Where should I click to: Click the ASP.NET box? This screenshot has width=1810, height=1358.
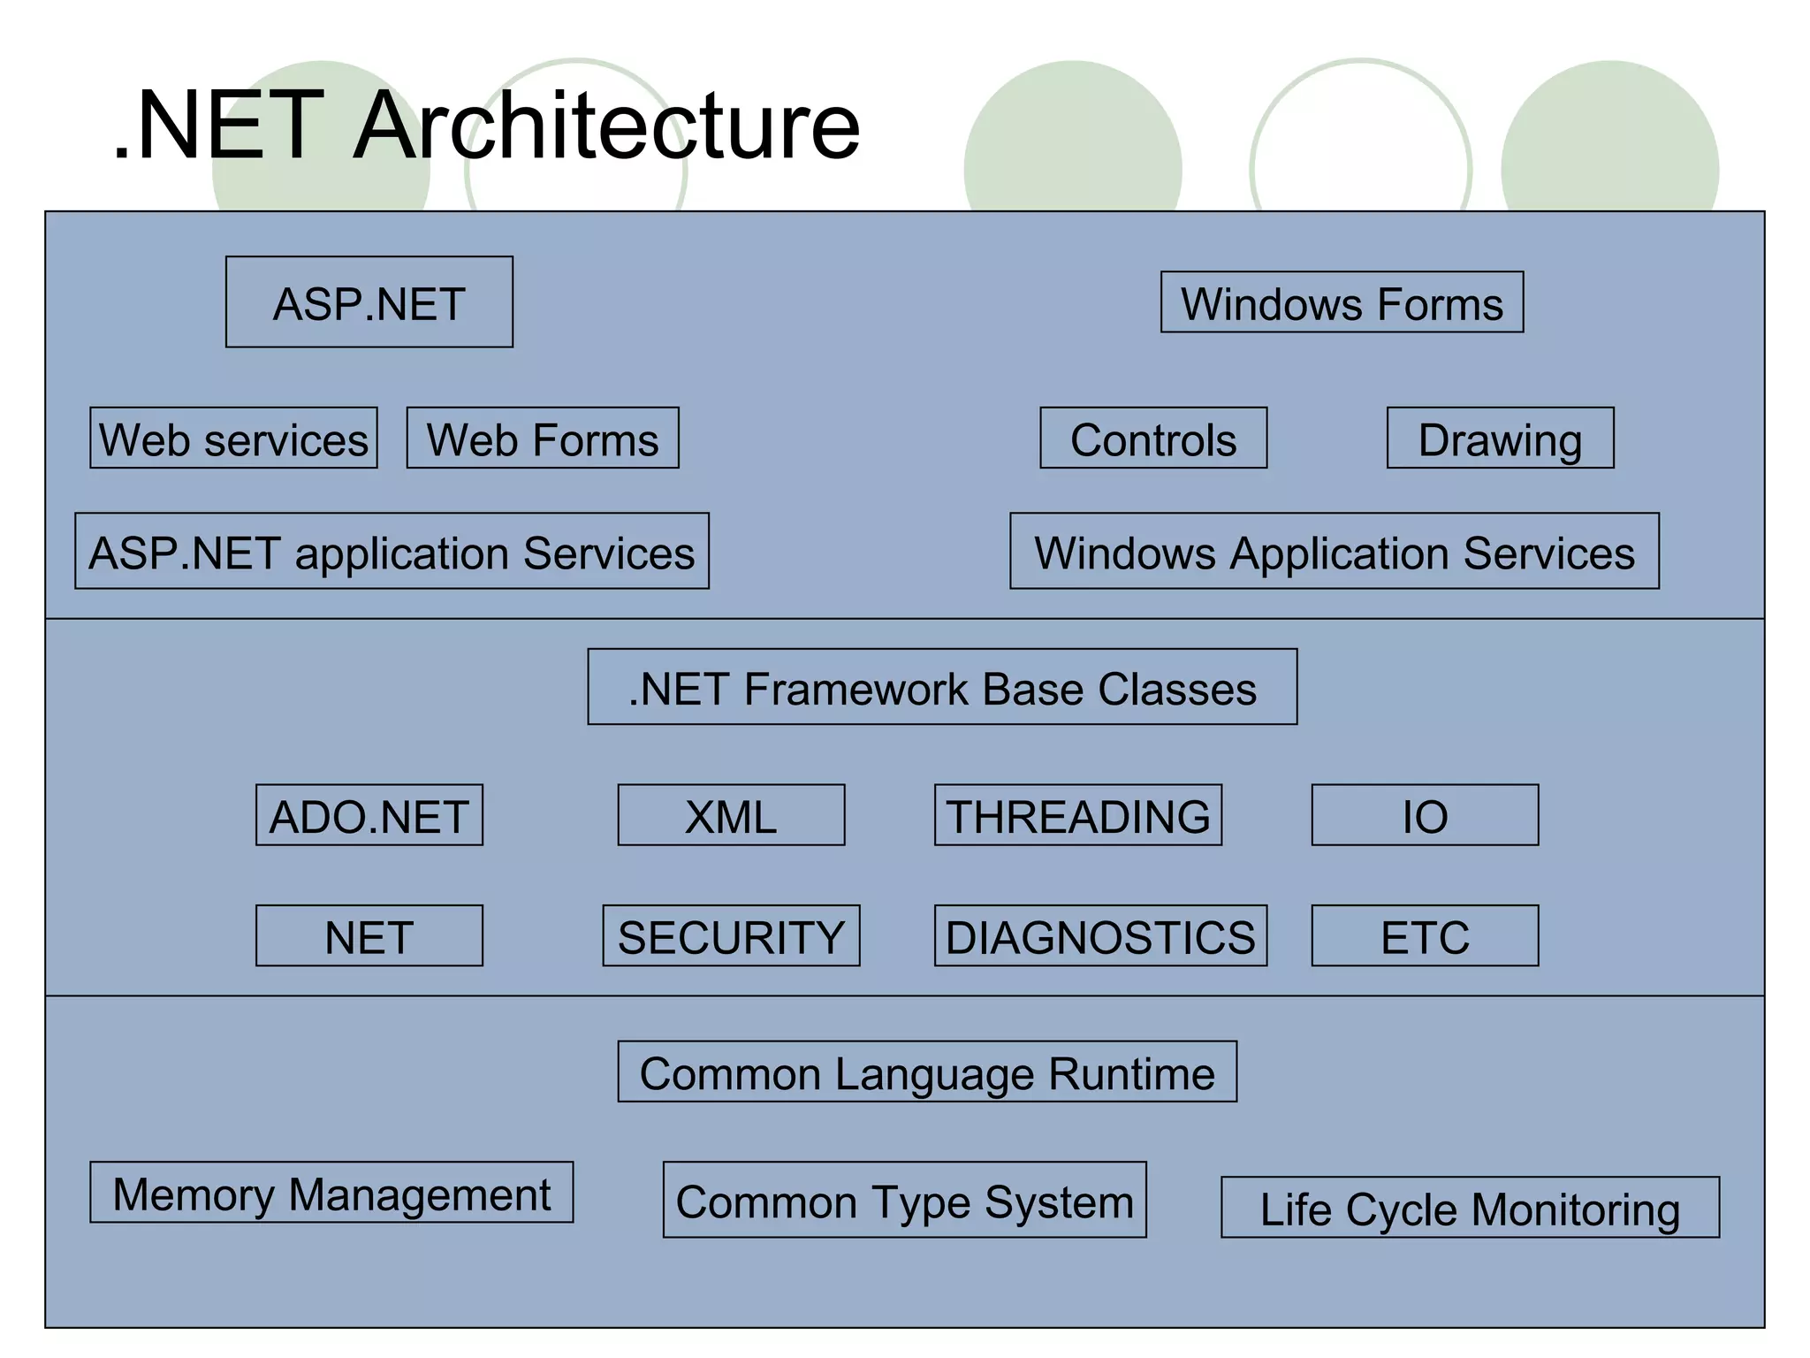[369, 302]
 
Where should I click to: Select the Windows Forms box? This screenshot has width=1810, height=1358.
[1342, 302]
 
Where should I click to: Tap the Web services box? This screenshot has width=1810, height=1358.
[233, 439]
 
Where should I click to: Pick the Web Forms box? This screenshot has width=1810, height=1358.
[543, 439]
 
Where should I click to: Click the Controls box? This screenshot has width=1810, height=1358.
[1153, 439]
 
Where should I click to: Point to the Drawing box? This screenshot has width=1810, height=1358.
[1500, 439]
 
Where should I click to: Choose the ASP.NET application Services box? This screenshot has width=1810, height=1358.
[392, 552]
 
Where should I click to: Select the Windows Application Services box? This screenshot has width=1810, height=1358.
[1335, 552]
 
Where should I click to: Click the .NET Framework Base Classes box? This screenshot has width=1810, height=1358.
[942, 688]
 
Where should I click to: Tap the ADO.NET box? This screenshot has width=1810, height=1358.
[369, 815]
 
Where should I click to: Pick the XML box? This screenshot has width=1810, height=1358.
[731, 815]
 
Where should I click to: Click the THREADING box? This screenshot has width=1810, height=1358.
[1078, 815]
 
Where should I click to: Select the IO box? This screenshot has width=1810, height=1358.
[1425, 815]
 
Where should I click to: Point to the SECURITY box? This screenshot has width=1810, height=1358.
[731, 935]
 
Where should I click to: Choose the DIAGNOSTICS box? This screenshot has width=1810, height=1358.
[1100, 935]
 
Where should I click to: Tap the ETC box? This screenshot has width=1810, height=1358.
[1425, 935]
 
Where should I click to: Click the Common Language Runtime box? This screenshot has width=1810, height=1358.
[927, 1072]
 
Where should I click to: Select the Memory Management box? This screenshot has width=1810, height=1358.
[331, 1193]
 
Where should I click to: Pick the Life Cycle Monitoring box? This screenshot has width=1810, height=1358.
[1470, 1208]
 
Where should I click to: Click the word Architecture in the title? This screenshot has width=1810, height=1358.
[606, 126]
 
